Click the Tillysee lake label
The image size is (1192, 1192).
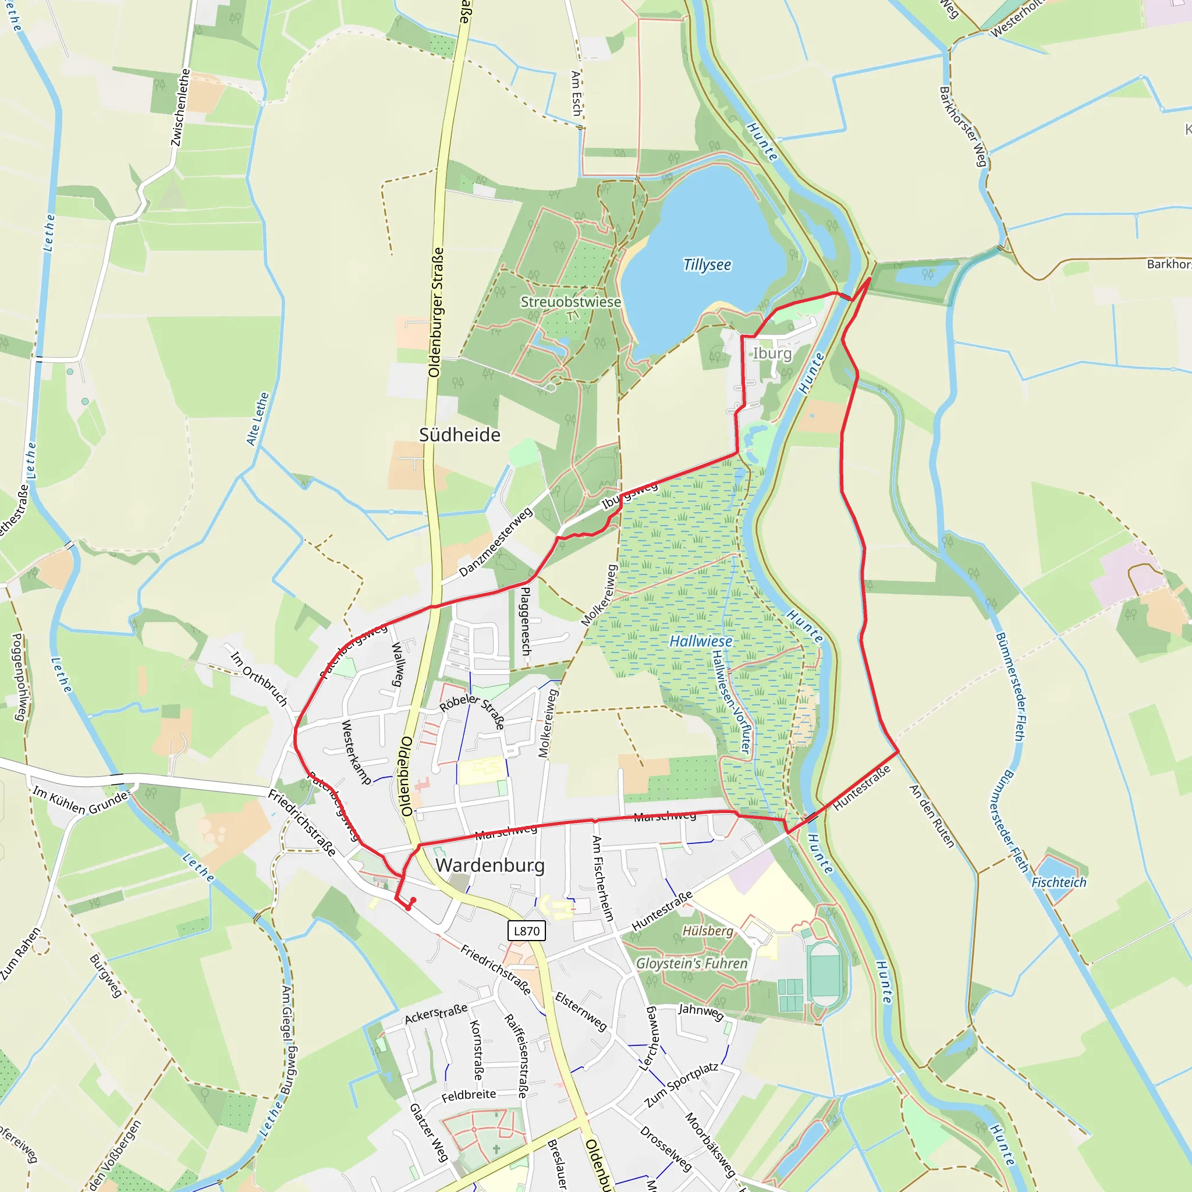point(707,265)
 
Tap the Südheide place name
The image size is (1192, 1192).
point(460,435)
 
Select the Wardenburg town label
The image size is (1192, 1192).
point(491,865)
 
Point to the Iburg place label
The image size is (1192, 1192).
point(772,353)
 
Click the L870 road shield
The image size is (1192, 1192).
point(526,931)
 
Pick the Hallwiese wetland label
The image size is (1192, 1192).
point(701,641)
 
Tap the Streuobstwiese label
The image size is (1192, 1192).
point(571,301)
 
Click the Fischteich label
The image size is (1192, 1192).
point(1059,882)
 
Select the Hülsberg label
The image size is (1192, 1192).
point(708,931)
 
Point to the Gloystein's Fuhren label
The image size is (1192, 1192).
point(691,963)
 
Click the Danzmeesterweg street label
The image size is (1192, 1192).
point(495,542)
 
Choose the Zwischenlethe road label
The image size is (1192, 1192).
point(181,108)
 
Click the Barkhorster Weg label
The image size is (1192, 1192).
point(963,126)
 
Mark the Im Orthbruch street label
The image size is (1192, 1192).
point(259,677)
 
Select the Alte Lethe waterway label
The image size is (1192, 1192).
point(258,419)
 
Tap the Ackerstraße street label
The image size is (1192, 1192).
point(435,1013)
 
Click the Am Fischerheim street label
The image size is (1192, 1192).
point(603,878)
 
